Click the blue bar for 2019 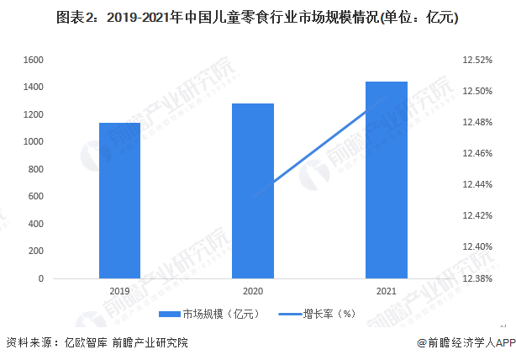[x=119, y=200]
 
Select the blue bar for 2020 [x=253, y=191]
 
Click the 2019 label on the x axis [x=119, y=290]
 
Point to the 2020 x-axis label [x=253, y=290]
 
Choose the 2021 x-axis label [x=387, y=290]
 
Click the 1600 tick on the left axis [x=32, y=60]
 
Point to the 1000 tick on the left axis [x=32, y=142]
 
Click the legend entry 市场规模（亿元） [x=214, y=314]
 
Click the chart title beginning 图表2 [x=258, y=18]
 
